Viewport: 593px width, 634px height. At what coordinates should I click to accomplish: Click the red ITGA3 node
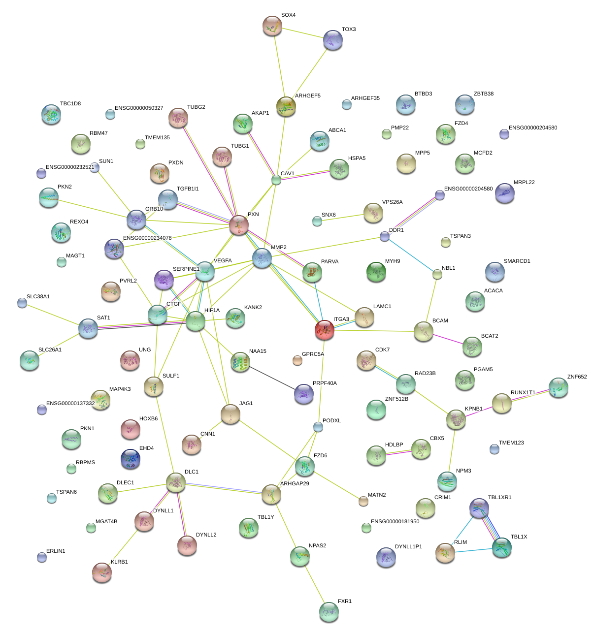(x=324, y=330)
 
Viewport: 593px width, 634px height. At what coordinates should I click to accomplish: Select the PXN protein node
(x=239, y=225)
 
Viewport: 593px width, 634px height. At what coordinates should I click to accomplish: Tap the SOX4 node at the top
(x=272, y=26)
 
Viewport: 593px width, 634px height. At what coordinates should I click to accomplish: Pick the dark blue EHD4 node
(x=131, y=459)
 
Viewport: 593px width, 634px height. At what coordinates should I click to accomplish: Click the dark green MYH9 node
(x=376, y=272)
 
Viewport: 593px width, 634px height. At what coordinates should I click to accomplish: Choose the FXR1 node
(x=329, y=611)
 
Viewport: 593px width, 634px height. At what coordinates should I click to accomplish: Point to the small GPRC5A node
(x=297, y=360)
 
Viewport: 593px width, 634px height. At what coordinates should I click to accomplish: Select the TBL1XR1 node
(x=479, y=508)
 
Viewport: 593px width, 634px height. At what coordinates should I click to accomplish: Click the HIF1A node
(x=196, y=321)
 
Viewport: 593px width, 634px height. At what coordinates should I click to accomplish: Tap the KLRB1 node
(x=102, y=572)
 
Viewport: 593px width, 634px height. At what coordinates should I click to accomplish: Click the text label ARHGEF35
(x=365, y=98)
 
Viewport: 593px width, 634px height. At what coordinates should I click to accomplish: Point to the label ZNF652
(x=577, y=377)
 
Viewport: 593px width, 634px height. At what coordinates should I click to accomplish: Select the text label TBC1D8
(x=70, y=104)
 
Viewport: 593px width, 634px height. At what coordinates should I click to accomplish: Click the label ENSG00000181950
(x=395, y=521)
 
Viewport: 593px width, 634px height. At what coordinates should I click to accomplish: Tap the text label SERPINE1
(x=186, y=269)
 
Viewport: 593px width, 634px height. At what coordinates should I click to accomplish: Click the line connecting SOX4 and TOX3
(x=302, y=33)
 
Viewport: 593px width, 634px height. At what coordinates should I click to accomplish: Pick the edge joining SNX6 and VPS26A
(x=344, y=217)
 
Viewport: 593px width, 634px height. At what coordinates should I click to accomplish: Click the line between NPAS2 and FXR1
(x=314, y=583)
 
